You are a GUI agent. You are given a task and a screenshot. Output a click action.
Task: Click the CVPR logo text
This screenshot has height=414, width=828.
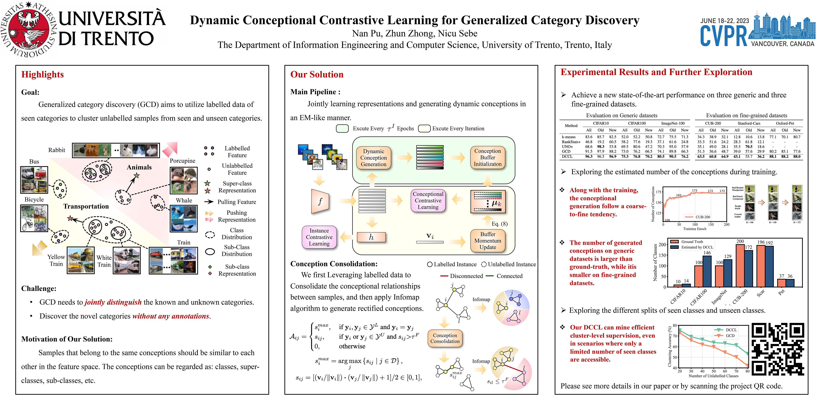click(723, 36)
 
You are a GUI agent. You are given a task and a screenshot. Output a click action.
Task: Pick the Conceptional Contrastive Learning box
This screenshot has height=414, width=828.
click(428, 201)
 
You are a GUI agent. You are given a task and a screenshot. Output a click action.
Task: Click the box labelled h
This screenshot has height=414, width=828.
click(371, 237)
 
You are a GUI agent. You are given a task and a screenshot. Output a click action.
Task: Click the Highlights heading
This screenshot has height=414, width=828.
click(42, 75)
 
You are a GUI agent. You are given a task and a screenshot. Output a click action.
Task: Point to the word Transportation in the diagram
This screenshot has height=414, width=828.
click(86, 206)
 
